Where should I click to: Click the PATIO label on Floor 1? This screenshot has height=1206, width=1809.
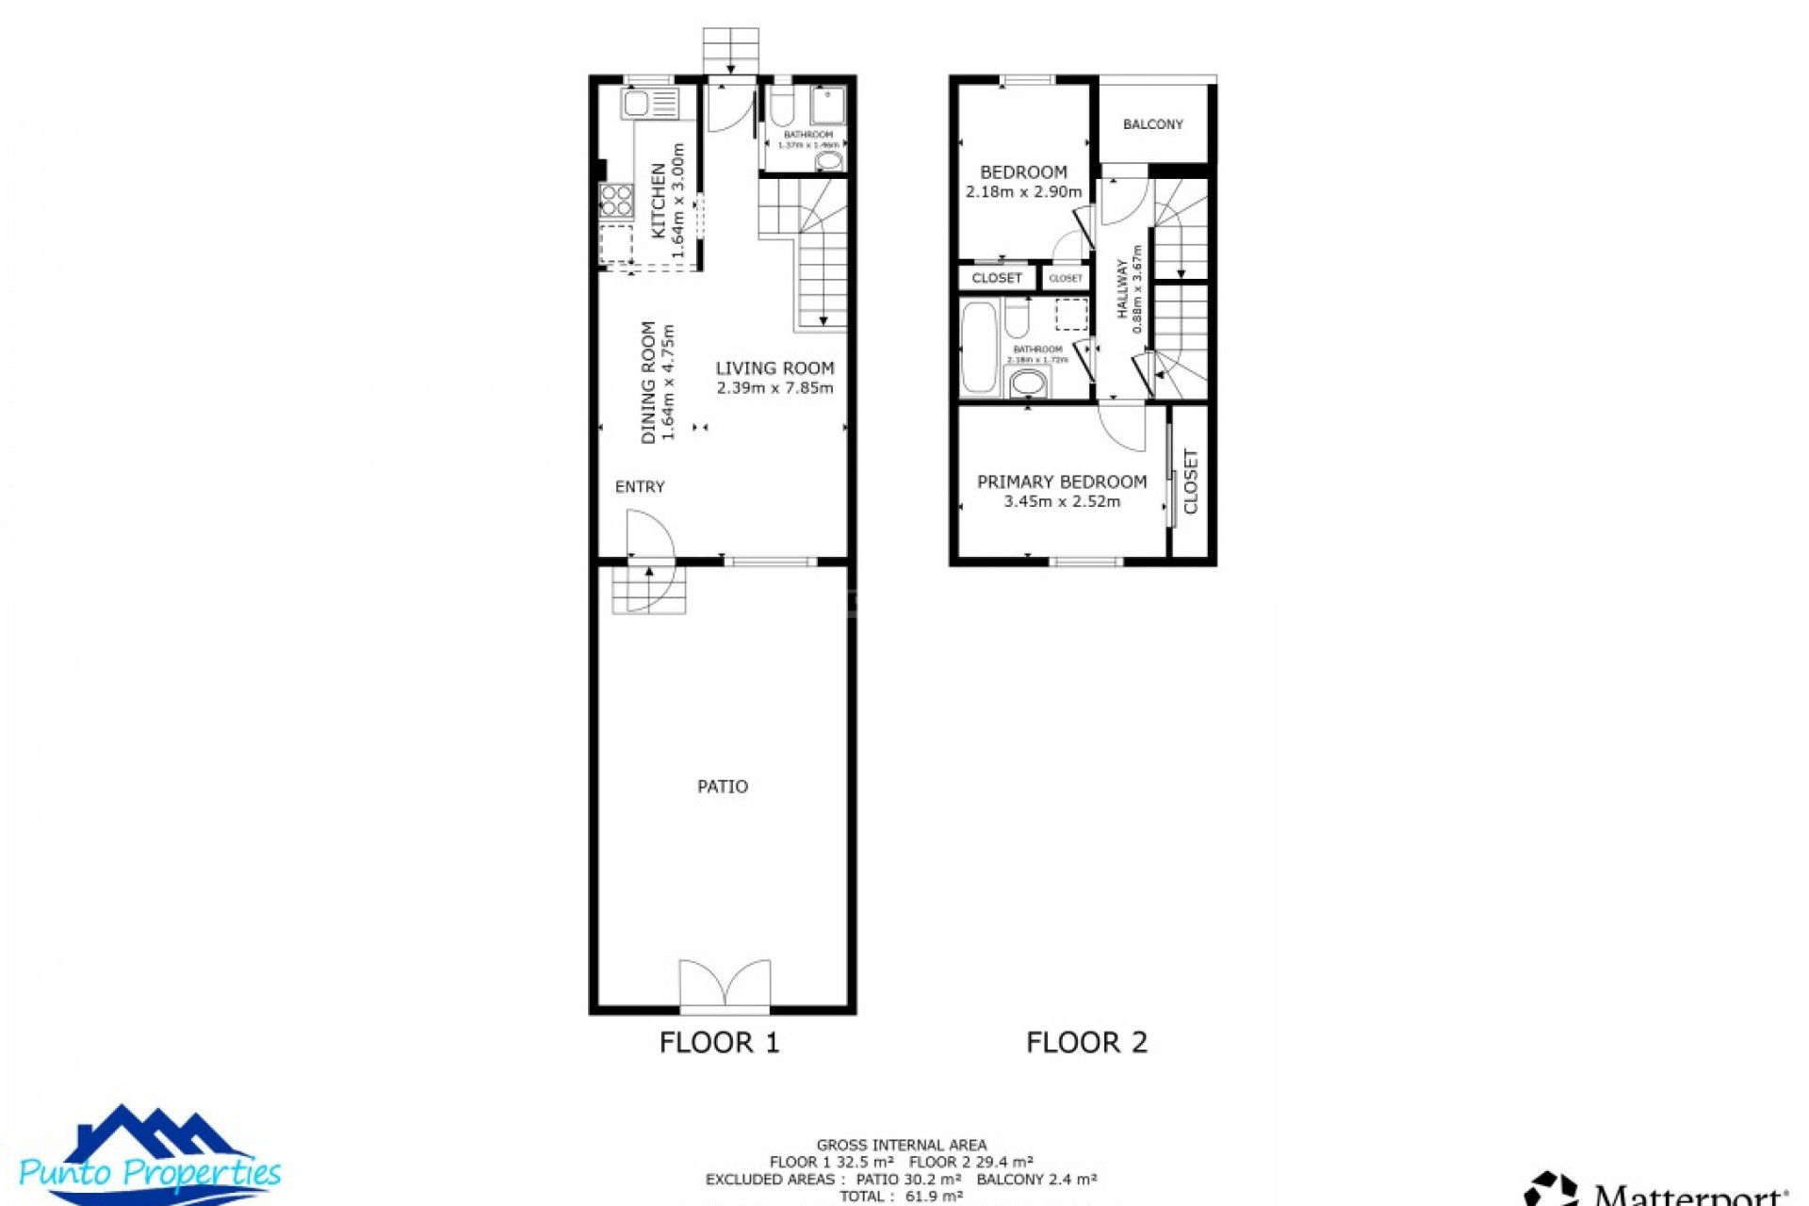pyautogui.click(x=723, y=787)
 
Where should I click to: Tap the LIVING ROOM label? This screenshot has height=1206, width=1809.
pyautogui.click(x=774, y=368)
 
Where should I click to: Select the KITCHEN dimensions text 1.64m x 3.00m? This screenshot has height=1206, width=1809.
pyautogui.click(x=677, y=201)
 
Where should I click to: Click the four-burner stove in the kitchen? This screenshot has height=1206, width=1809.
pyautogui.click(x=617, y=201)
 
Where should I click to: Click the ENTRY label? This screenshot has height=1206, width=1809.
pyautogui.click(x=640, y=487)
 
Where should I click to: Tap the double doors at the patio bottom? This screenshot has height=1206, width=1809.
pyautogui.click(x=725, y=986)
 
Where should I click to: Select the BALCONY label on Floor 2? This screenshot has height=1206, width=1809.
pyautogui.click(x=1153, y=124)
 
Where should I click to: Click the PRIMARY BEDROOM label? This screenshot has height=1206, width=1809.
pyautogui.click(x=1062, y=481)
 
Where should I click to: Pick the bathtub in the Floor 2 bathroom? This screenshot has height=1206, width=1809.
pyautogui.click(x=979, y=347)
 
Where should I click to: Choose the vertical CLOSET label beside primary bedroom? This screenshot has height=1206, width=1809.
pyautogui.click(x=1191, y=481)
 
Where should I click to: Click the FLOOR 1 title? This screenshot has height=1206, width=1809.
pyautogui.click(x=719, y=1042)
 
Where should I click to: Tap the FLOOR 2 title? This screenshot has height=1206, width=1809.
pyautogui.click(x=1086, y=1042)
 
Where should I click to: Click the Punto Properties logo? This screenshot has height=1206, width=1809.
pyautogui.click(x=151, y=1157)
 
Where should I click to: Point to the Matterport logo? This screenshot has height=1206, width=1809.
pyautogui.click(x=1658, y=1189)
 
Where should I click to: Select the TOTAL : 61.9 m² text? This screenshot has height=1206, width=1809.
pyautogui.click(x=901, y=1197)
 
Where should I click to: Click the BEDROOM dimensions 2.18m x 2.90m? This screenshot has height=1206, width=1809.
pyautogui.click(x=1023, y=192)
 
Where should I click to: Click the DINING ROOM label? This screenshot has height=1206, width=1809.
pyautogui.click(x=648, y=383)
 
